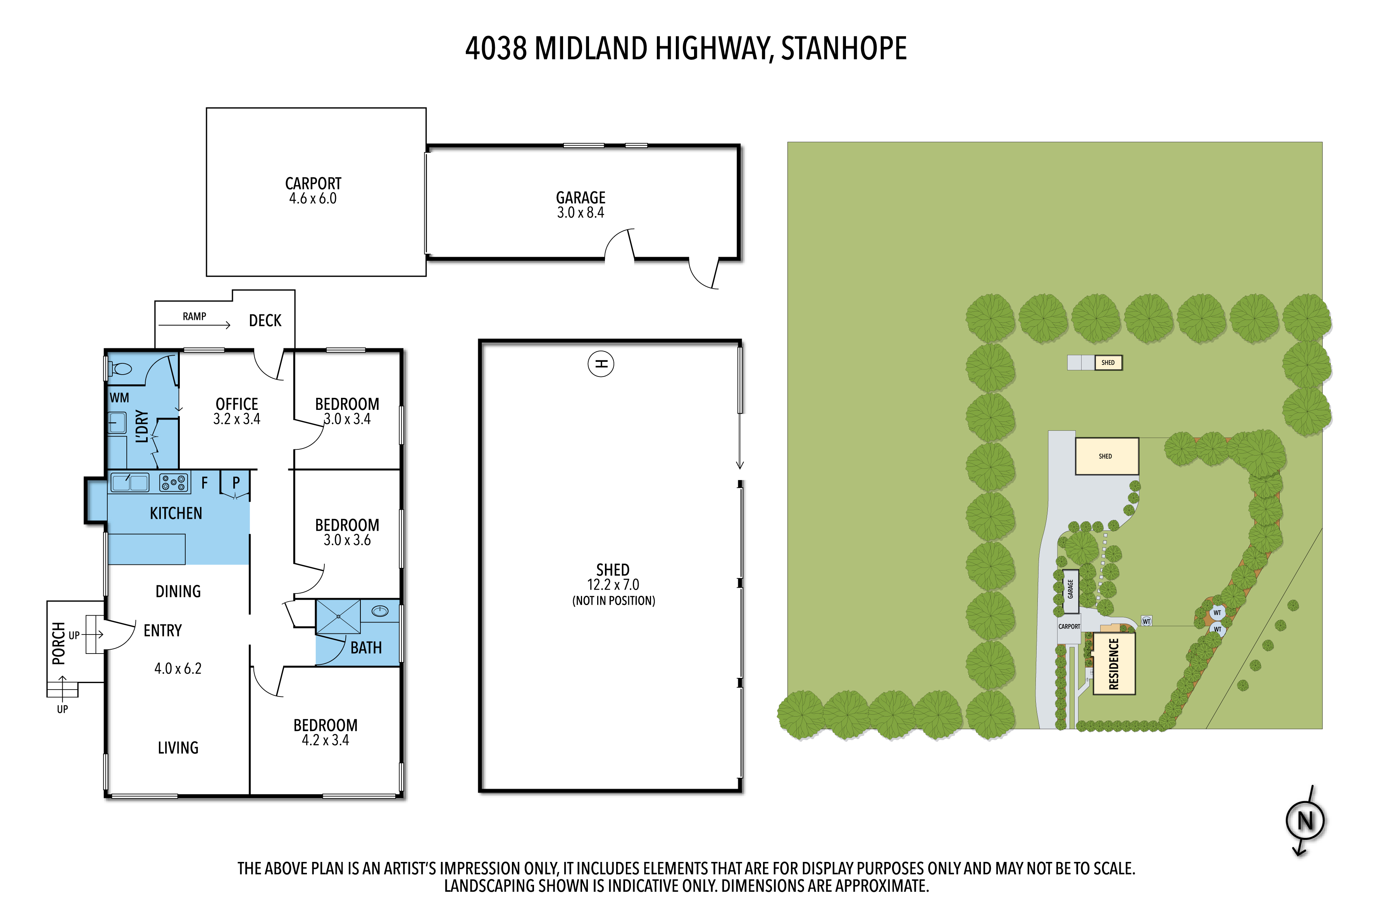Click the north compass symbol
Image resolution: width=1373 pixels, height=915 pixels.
coord(1305,820)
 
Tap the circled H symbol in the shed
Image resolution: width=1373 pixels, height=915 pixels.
coord(601,364)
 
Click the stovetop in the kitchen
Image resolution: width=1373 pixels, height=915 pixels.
coord(173,483)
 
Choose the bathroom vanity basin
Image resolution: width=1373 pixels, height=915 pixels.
coord(380,611)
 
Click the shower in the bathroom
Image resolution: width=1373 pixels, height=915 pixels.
coord(338,617)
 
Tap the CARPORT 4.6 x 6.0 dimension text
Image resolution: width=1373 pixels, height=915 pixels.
coord(313,198)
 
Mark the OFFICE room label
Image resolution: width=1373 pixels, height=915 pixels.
coord(236,404)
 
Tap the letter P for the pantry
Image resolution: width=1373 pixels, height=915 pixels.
coord(236,483)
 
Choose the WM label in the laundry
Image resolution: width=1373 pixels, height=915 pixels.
coord(119,398)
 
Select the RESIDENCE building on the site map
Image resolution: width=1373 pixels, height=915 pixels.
coord(1114,664)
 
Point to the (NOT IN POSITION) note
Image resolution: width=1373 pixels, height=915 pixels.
coord(613,600)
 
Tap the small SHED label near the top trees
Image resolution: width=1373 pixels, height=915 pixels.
coord(1108,362)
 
